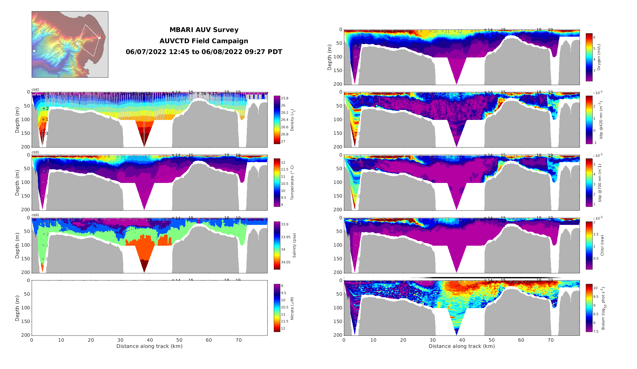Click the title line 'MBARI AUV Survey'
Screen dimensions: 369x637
click(204, 30)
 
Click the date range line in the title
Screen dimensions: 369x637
click(204, 52)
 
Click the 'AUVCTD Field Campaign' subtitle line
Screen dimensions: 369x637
click(204, 41)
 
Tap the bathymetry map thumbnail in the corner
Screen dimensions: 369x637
click(70, 44)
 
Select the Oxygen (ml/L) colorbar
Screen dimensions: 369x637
click(589, 57)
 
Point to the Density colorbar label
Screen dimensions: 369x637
click(292, 120)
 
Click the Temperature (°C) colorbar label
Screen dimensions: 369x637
click(292, 183)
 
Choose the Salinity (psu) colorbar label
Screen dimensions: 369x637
click(294, 245)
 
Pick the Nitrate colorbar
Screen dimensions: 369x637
click(277, 308)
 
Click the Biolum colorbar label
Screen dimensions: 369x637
click(603, 308)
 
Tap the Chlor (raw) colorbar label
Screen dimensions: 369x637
click(602, 245)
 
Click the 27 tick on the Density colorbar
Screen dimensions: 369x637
click(283, 142)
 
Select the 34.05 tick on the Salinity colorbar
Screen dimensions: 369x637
click(286, 262)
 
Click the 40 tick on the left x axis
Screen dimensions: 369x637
click(150, 340)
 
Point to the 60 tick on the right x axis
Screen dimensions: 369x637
click(521, 340)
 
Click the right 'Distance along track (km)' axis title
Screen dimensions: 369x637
click(462, 346)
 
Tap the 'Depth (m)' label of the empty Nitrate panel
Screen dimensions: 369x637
click(17, 308)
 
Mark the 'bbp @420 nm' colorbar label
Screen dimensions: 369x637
click(601, 120)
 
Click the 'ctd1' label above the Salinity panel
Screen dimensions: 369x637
click(35, 215)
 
